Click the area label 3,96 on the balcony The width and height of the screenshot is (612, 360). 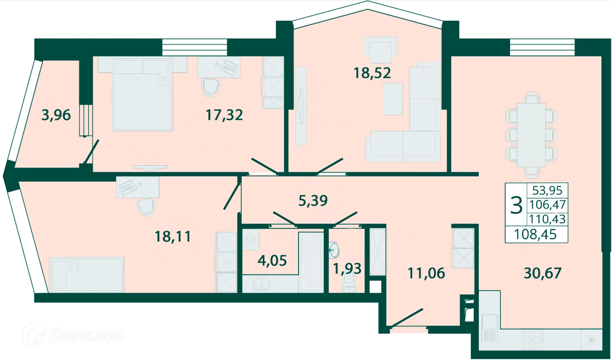click(x=56, y=115)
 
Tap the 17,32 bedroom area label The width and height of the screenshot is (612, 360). click(x=224, y=115)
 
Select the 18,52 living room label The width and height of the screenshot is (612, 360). click(x=372, y=73)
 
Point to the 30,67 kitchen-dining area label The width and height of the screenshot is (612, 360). click(x=542, y=273)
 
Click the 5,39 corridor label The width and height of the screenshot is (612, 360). click(x=313, y=200)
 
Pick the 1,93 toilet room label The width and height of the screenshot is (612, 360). click(x=347, y=268)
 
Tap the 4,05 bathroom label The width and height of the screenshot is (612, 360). click(x=272, y=260)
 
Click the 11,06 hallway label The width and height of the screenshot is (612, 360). click(x=426, y=273)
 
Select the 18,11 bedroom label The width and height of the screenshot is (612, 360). click(x=173, y=237)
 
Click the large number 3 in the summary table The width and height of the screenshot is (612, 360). click(x=516, y=206)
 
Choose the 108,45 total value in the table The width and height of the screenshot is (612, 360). click(x=535, y=235)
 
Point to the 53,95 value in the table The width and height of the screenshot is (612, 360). click(x=547, y=190)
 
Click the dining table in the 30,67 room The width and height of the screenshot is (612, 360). click(x=531, y=135)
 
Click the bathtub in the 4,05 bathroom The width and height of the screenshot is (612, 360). click(x=310, y=261)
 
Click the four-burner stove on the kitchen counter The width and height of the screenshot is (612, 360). click(x=532, y=340)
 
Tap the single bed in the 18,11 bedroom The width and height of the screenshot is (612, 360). click(x=87, y=274)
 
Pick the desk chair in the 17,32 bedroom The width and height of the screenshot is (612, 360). click(x=211, y=87)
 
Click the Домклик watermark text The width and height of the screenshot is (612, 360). click(x=87, y=335)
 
